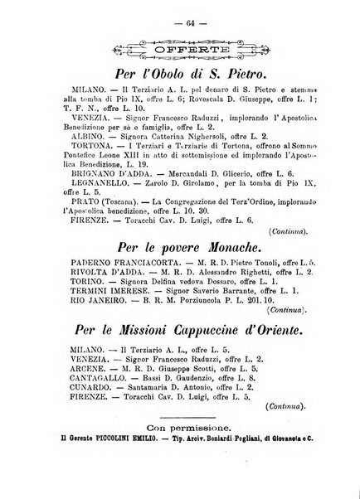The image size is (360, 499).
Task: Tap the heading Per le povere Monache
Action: pos(181,248)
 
